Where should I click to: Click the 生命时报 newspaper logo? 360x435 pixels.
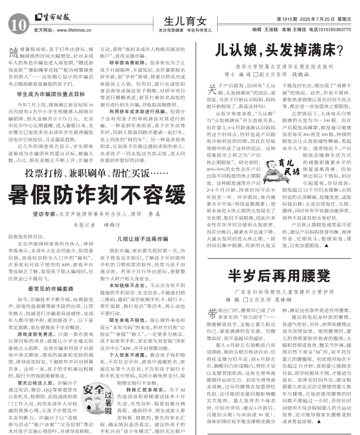52,17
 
